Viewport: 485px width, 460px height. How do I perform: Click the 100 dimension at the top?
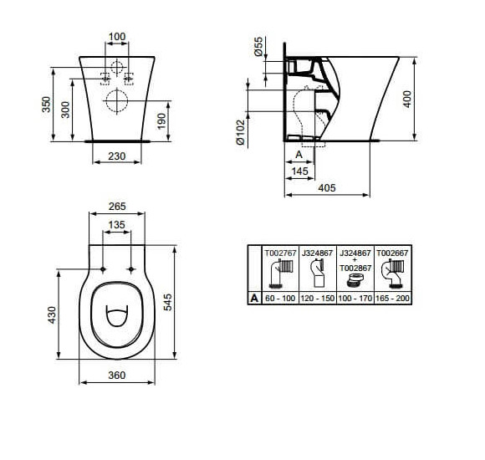click(x=117, y=38)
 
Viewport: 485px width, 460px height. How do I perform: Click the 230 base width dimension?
click(x=117, y=155)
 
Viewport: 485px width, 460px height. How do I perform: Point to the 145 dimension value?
click(x=299, y=171)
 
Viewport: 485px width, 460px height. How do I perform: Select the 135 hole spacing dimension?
click(x=117, y=225)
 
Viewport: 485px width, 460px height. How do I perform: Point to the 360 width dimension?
click(x=117, y=375)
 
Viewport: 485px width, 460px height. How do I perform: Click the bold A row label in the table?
click(x=253, y=297)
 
